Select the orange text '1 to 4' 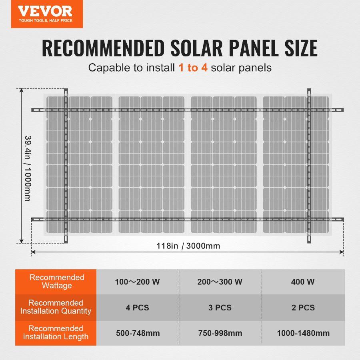[193, 68]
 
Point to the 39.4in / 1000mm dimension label [27, 168]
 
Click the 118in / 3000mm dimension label [188, 246]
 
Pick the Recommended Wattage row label [56, 282]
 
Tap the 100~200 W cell [138, 282]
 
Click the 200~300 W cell [220, 282]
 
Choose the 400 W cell [303, 282]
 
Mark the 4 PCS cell [138, 308]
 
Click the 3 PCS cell [220, 308]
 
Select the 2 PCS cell [303, 308]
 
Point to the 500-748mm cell [138, 333]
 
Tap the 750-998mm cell [220, 333]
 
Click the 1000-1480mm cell [303, 333]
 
